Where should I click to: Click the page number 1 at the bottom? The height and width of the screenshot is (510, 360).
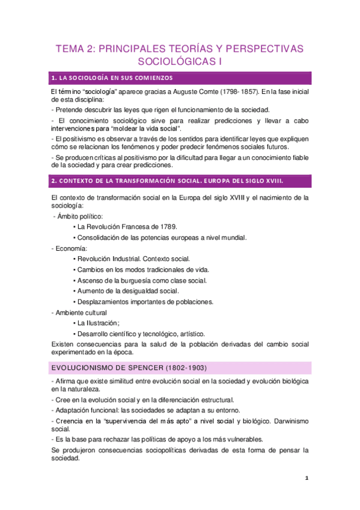[307, 478]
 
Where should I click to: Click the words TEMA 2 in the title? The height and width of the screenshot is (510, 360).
[73, 49]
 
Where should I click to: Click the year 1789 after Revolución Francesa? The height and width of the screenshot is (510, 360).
[165, 227]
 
